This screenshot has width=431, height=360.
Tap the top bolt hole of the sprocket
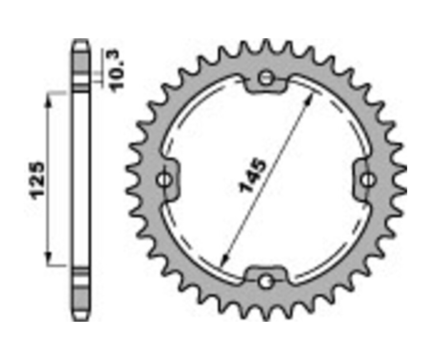(266, 78)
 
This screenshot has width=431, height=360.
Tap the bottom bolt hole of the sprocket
(264, 281)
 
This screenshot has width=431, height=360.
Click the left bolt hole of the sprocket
(164, 180)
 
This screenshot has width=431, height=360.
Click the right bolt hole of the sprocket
(367, 180)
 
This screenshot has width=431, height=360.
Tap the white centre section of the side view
(80, 180)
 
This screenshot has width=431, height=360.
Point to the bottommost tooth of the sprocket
(265, 314)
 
